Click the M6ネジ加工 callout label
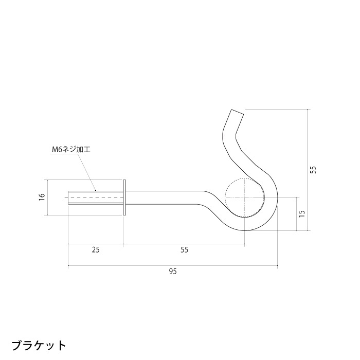pos(71,150)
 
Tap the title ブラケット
pos(39,344)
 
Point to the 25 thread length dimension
pos(96,250)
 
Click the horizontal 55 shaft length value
pos(184,250)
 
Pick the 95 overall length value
pos(172,272)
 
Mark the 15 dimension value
pos(302,213)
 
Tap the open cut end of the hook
pos(236,112)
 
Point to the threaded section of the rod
pos(95,197)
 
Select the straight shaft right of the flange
pos(165,197)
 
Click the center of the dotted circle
pos(245,197)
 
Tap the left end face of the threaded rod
pos(68,197)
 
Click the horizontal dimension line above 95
pos(172,266)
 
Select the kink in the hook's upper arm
pos(226,138)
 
